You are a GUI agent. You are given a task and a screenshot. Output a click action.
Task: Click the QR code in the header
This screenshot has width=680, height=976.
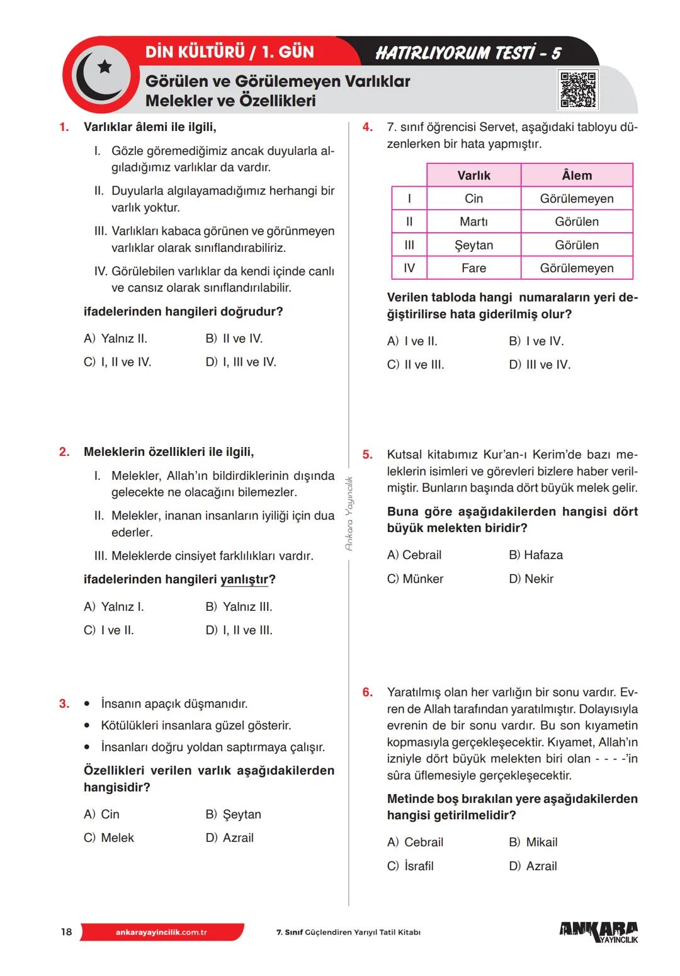(x=578, y=89)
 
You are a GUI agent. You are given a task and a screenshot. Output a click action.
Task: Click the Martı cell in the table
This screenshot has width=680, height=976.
(x=473, y=222)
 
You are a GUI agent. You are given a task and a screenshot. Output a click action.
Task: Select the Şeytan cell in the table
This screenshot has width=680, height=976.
(x=473, y=245)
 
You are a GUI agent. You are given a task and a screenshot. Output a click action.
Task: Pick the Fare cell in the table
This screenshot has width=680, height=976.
(x=473, y=268)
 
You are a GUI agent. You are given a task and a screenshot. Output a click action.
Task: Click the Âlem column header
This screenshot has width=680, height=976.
(x=577, y=175)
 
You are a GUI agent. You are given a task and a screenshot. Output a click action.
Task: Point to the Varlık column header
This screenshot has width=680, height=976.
(x=473, y=175)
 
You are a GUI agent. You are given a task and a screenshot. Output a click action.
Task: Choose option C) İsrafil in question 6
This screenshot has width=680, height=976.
(x=411, y=866)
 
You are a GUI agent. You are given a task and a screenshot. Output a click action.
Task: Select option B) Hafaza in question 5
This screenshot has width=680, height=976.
(x=536, y=555)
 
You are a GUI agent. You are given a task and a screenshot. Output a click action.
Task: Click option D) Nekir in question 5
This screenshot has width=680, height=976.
(x=531, y=579)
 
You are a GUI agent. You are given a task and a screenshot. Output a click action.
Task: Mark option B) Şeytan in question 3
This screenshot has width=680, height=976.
(x=234, y=814)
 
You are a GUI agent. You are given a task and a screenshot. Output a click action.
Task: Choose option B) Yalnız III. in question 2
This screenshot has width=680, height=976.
(x=239, y=606)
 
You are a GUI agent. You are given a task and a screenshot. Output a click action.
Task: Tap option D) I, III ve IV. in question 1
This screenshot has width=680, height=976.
(x=241, y=362)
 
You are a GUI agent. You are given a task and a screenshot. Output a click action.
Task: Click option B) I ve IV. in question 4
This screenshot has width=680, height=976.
(x=536, y=341)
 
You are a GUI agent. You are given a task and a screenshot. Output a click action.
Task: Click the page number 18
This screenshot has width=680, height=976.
(x=66, y=932)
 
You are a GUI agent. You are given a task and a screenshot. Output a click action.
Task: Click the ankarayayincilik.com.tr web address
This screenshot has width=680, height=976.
(x=161, y=932)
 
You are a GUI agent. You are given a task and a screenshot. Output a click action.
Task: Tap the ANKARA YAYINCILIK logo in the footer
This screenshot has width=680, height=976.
(x=598, y=932)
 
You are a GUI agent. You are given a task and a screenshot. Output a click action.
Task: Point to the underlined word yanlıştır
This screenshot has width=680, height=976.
(x=244, y=579)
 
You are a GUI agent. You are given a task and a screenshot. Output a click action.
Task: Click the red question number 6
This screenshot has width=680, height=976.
(x=368, y=692)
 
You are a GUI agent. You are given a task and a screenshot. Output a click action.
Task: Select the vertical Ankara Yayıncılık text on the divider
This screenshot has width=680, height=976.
(x=349, y=513)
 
